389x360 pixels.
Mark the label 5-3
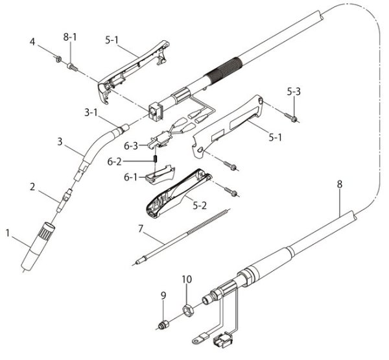(293, 93)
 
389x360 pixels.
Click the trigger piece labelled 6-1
(159, 173)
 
